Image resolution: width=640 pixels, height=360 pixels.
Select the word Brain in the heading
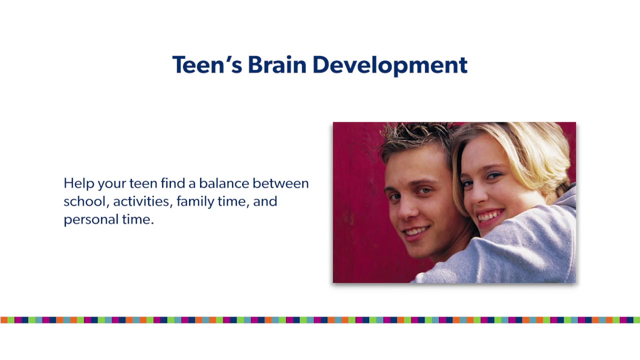[x=276, y=65]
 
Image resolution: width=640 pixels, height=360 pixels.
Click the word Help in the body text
[x=79, y=184]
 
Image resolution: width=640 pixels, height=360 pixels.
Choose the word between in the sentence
[x=280, y=183]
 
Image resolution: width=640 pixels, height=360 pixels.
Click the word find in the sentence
[x=172, y=183]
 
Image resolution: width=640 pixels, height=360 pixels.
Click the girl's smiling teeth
[x=491, y=216]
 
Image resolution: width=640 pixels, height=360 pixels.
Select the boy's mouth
[x=416, y=231]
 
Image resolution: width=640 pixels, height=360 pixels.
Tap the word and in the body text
[x=265, y=201]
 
